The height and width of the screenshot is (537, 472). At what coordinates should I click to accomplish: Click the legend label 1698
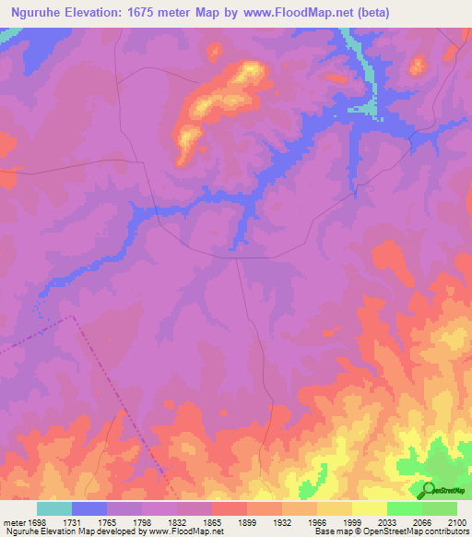37,521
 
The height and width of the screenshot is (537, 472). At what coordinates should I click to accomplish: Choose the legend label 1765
107,521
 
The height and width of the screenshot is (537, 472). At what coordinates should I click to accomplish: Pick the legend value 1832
177,521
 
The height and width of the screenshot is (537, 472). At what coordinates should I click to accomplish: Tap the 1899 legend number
247,521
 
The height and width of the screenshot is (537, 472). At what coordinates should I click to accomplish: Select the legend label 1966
317,521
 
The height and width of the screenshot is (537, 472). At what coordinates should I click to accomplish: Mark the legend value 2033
387,521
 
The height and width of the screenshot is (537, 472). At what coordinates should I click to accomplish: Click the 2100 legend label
457,521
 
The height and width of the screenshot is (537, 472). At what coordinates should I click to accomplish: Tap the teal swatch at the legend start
54,508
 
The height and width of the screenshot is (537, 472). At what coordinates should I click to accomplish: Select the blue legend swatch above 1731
89,508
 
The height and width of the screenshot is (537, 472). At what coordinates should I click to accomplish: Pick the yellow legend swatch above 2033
370,508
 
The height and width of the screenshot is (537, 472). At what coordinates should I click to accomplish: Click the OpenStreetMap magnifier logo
428,489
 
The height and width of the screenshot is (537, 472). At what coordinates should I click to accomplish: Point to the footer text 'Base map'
331,532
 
